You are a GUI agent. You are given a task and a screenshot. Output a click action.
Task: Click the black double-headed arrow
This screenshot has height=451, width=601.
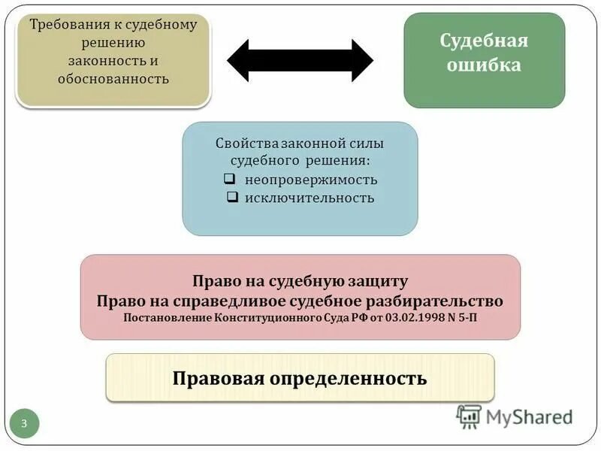coord(300,60)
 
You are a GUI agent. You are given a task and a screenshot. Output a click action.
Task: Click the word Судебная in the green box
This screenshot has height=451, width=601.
coord(484,40)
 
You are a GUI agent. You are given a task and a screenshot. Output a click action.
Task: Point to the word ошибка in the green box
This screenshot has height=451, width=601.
coord(484,65)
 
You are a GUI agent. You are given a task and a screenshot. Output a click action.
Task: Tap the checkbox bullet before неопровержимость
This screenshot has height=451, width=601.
coord(231,180)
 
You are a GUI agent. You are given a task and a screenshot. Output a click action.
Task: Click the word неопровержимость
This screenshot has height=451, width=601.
coord(311,180)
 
